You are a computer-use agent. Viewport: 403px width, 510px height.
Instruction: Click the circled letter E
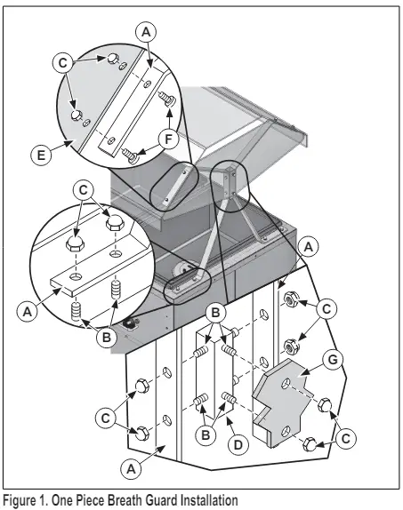coord(41,155)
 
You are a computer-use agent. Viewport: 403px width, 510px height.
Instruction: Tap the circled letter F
coord(168,139)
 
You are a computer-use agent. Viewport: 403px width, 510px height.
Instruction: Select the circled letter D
coord(238,444)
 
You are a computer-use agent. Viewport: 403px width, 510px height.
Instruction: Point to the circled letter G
coord(333,360)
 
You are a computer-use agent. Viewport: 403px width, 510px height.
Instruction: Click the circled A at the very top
coord(146,32)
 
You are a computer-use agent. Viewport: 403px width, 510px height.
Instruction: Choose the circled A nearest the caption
coord(131,469)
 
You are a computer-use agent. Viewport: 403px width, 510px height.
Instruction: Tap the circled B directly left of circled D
coord(206,434)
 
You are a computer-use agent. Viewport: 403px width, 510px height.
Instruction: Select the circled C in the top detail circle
coord(63,63)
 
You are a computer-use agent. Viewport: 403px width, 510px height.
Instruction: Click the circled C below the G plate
coord(345,439)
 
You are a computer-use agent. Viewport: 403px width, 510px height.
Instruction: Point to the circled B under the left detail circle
coord(107,338)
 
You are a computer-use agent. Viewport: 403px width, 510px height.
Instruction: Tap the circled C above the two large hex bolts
coord(84,190)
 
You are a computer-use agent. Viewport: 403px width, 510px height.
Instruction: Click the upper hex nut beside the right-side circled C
coord(290,299)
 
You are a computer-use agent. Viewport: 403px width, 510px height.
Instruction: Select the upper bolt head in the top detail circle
coord(112,60)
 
